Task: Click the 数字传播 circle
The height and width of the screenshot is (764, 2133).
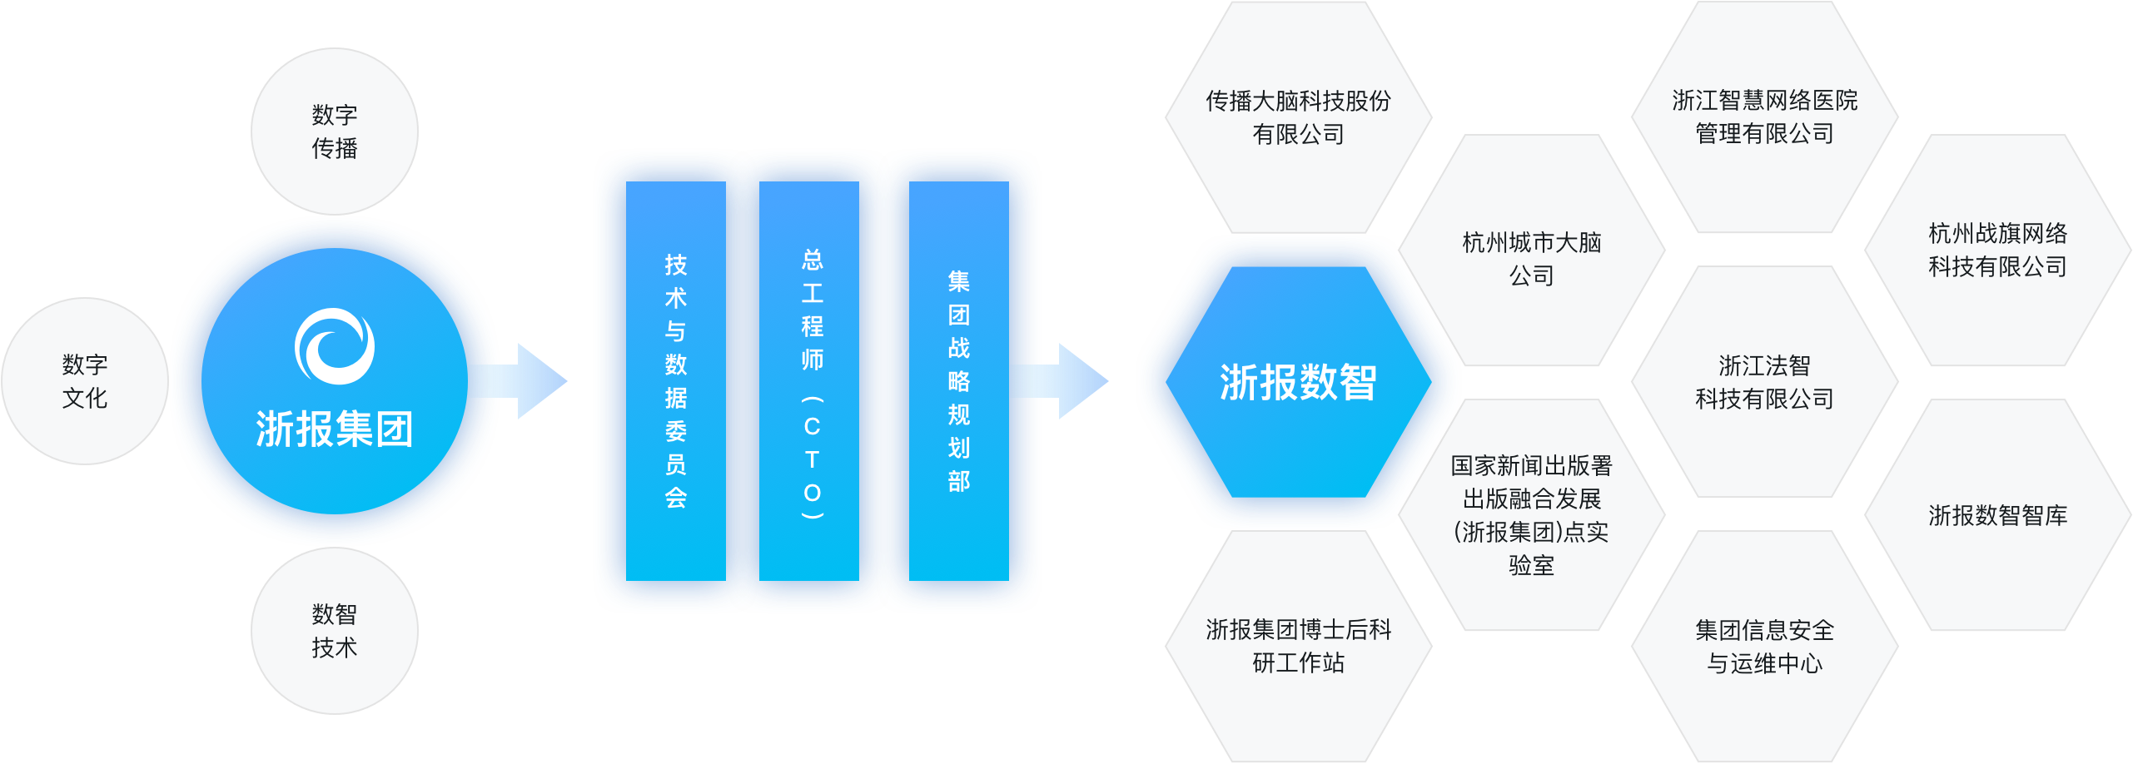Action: click(334, 131)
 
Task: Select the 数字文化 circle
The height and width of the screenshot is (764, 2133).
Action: click(84, 381)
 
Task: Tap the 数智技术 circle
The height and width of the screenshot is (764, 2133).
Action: click(334, 631)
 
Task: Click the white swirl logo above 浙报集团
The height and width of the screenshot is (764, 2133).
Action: click(335, 346)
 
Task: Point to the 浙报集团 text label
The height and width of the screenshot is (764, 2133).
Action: click(335, 429)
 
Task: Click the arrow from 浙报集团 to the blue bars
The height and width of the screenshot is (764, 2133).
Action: click(525, 381)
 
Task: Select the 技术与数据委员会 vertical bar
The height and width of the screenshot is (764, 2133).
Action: click(675, 381)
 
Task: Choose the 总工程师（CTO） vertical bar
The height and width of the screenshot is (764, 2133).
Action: click(809, 381)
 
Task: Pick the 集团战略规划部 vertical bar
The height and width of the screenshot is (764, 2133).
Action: click(958, 381)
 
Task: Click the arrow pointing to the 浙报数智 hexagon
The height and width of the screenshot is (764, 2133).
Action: click(1066, 381)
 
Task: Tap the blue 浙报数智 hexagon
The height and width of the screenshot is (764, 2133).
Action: click(1298, 382)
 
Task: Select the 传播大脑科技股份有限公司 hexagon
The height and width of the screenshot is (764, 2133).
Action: click(1298, 117)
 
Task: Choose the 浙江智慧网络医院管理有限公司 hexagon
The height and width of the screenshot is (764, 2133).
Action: click(1764, 117)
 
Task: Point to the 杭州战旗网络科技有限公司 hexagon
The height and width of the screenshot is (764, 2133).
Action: click(1997, 250)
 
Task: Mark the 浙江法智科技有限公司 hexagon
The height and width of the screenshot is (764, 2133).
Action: click(1764, 382)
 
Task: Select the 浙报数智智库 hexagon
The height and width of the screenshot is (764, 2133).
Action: click(1997, 515)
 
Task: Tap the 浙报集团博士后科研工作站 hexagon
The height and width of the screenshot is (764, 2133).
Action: click(1298, 646)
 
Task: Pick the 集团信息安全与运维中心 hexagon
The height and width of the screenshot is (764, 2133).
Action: click(1764, 647)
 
